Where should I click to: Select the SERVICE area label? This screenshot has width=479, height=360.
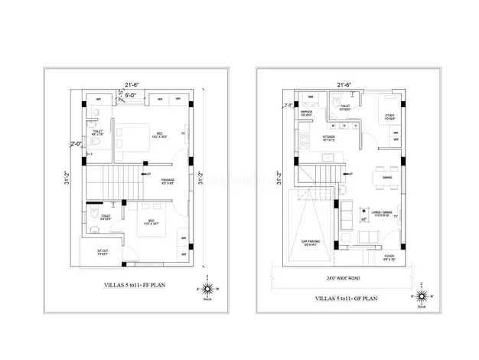(307, 113)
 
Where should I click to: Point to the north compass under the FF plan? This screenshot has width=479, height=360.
(202, 290)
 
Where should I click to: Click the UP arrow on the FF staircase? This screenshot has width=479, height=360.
(137, 175)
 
